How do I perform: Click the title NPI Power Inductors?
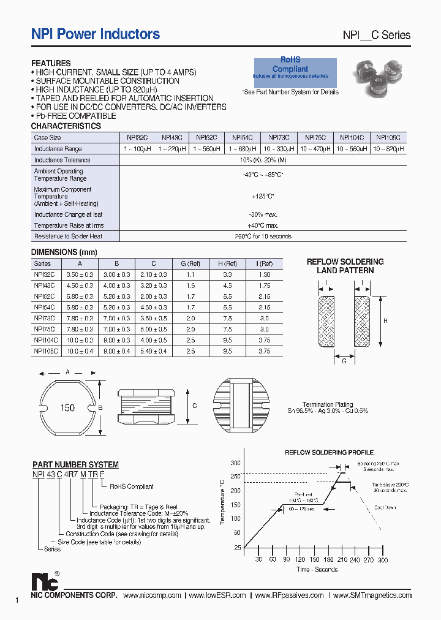click(x=96, y=34)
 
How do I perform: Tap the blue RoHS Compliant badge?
click(x=295, y=69)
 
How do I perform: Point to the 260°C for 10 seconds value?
click(x=262, y=236)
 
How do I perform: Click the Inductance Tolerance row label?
click(x=62, y=160)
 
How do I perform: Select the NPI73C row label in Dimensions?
click(x=45, y=319)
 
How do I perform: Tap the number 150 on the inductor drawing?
click(x=67, y=407)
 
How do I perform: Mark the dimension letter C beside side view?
click(x=194, y=406)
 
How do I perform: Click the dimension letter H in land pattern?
click(x=385, y=320)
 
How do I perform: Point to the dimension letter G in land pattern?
click(x=344, y=361)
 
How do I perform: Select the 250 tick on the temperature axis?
click(x=236, y=477)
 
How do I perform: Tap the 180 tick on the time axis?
click(x=328, y=560)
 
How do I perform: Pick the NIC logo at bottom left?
click(x=45, y=581)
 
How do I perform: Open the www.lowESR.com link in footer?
click(x=217, y=595)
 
